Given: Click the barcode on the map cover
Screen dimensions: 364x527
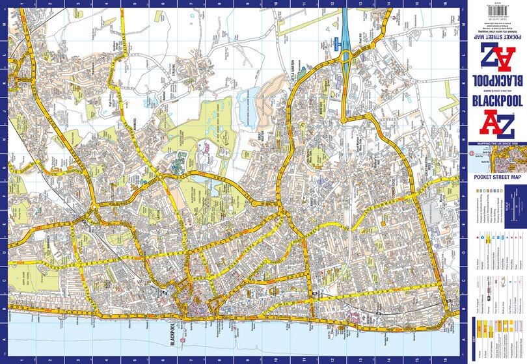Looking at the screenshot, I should (498, 8).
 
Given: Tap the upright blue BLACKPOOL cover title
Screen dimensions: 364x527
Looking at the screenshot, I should (497, 103).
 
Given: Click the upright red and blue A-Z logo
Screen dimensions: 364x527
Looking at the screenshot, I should (498, 123).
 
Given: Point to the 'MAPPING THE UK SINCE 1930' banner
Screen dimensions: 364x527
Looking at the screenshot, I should (498, 142).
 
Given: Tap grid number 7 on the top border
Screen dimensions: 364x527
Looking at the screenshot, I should (190, 3).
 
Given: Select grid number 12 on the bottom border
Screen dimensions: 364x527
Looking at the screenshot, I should (332, 360).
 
